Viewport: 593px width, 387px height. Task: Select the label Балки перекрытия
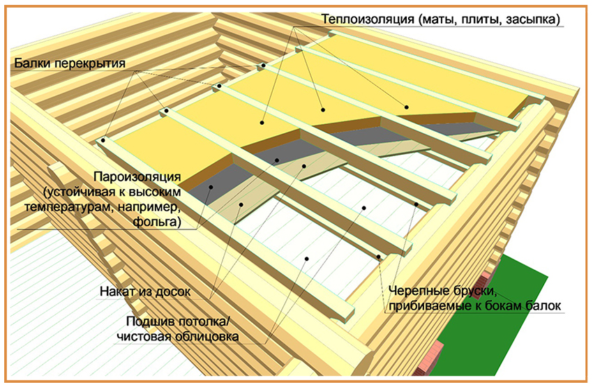pyautogui.click(x=68, y=63)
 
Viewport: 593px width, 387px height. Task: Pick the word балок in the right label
pyautogui.click(x=546, y=305)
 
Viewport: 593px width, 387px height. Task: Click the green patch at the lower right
pyautogui.click(x=530, y=314)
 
